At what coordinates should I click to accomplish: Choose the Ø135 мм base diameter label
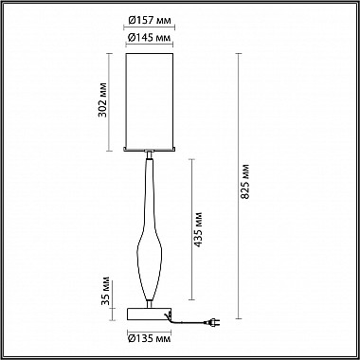pyautogui.click(x=149, y=337)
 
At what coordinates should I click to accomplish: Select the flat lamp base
pyautogui.click(x=149, y=312)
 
